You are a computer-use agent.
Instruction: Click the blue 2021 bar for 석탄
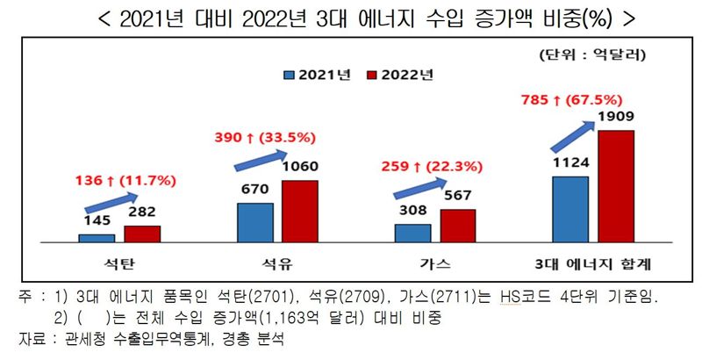tap(97, 237)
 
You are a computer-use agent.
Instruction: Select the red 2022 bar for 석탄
tap(142, 233)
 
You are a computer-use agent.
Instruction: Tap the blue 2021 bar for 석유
tap(254, 222)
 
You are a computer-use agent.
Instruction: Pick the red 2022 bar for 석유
tap(300, 211)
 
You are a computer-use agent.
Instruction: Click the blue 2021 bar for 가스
tap(412, 233)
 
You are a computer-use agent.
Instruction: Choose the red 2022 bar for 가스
tap(458, 225)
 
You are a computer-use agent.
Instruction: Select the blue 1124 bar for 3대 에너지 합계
tap(569, 208)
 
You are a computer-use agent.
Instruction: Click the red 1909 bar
tap(615, 185)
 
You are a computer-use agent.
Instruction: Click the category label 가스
tap(435, 263)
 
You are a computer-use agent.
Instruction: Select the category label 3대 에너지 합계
tap(592, 263)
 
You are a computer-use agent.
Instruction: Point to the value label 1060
tap(300, 166)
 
